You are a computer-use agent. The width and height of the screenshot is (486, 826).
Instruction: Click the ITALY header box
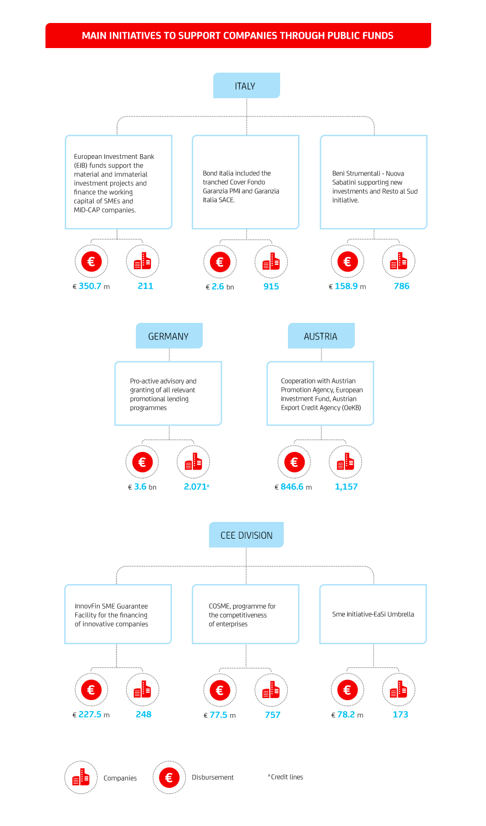(x=246, y=86)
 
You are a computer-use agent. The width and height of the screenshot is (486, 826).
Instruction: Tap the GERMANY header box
(x=169, y=335)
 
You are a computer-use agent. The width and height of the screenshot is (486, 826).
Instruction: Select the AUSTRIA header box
(x=321, y=335)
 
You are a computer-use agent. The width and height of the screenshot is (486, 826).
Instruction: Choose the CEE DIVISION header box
(x=246, y=534)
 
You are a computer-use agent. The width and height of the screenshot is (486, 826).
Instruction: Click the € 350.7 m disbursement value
(x=91, y=286)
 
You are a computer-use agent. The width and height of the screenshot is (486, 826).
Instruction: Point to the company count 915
(x=271, y=286)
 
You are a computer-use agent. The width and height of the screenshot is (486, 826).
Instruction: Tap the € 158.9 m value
(x=348, y=286)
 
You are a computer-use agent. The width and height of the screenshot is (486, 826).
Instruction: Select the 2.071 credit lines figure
(x=196, y=487)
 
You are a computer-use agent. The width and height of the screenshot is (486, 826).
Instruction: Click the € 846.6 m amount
(x=293, y=487)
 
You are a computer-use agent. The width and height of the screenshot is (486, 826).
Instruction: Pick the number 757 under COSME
(x=272, y=715)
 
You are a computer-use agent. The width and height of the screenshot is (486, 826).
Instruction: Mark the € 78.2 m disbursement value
(x=347, y=715)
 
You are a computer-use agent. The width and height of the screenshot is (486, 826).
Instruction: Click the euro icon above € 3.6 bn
(x=142, y=462)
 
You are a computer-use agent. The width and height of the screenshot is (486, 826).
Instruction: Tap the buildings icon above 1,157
(x=345, y=462)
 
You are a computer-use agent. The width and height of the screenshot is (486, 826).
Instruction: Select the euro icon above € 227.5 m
(x=91, y=690)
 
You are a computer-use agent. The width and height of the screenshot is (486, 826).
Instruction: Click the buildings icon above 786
(x=398, y=261)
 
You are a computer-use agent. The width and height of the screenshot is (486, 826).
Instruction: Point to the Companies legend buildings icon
(x=81, y=777)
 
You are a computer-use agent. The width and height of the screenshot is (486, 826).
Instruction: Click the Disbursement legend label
(x=212, y=777)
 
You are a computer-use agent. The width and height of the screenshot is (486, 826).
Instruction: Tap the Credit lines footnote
(x=285, y=777)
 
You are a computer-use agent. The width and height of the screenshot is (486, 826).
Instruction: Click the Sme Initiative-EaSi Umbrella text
(x=373, y=614)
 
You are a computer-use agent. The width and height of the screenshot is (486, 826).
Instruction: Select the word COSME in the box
(x=220, y=606)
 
